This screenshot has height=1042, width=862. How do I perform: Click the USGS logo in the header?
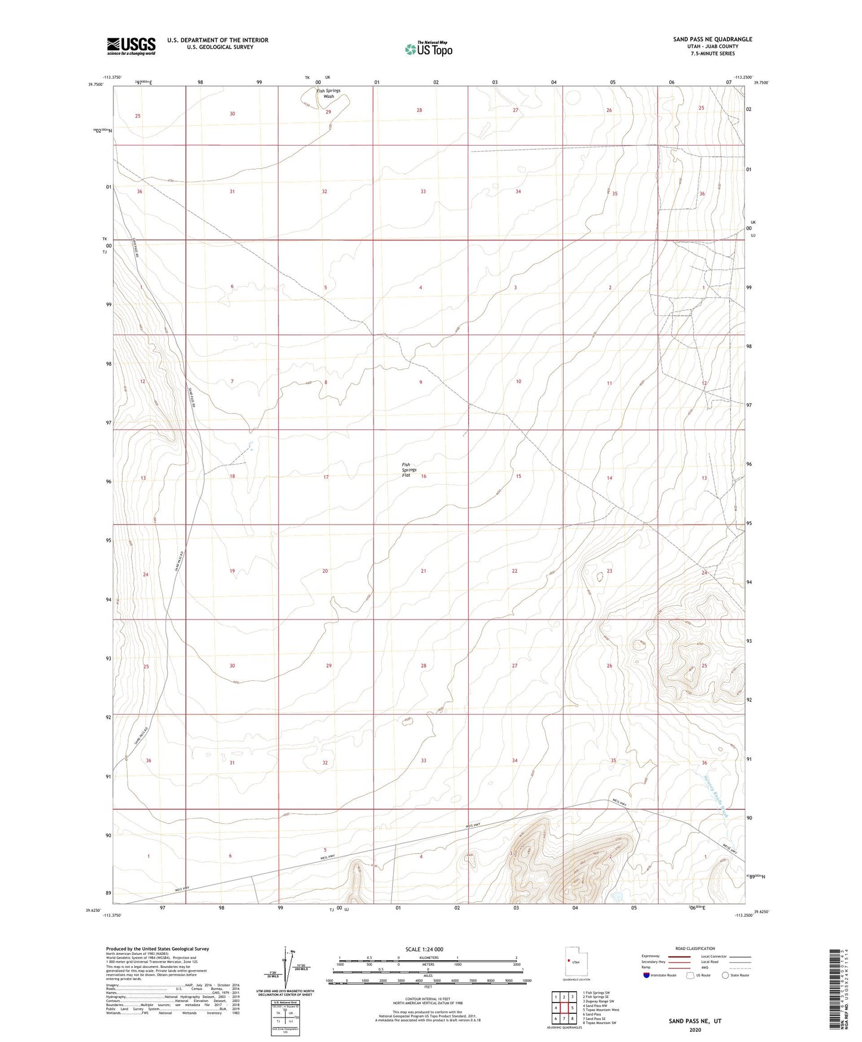coord(131,45)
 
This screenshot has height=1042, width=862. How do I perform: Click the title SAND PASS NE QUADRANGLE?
coord(712,39)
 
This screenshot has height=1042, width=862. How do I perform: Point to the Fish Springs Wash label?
coord(329,93)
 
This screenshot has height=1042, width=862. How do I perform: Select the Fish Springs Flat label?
coord(409,470)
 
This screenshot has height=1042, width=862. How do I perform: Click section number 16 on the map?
coord(424,476)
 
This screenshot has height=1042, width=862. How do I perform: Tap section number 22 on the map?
coord(514,571)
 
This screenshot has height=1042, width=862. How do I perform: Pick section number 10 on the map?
coord(518,381)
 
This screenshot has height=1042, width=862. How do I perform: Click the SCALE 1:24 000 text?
coord(424,949)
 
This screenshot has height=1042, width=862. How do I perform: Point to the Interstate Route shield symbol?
coord(647,975)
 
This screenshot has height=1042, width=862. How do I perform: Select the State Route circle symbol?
coord(725,975)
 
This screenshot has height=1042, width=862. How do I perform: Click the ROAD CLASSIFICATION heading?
coord(695,948)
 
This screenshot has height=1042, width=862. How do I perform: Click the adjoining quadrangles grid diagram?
coord(564,1008)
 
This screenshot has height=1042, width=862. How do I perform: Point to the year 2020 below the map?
coord(695,1029)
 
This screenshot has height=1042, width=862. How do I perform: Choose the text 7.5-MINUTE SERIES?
coord(712,54)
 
